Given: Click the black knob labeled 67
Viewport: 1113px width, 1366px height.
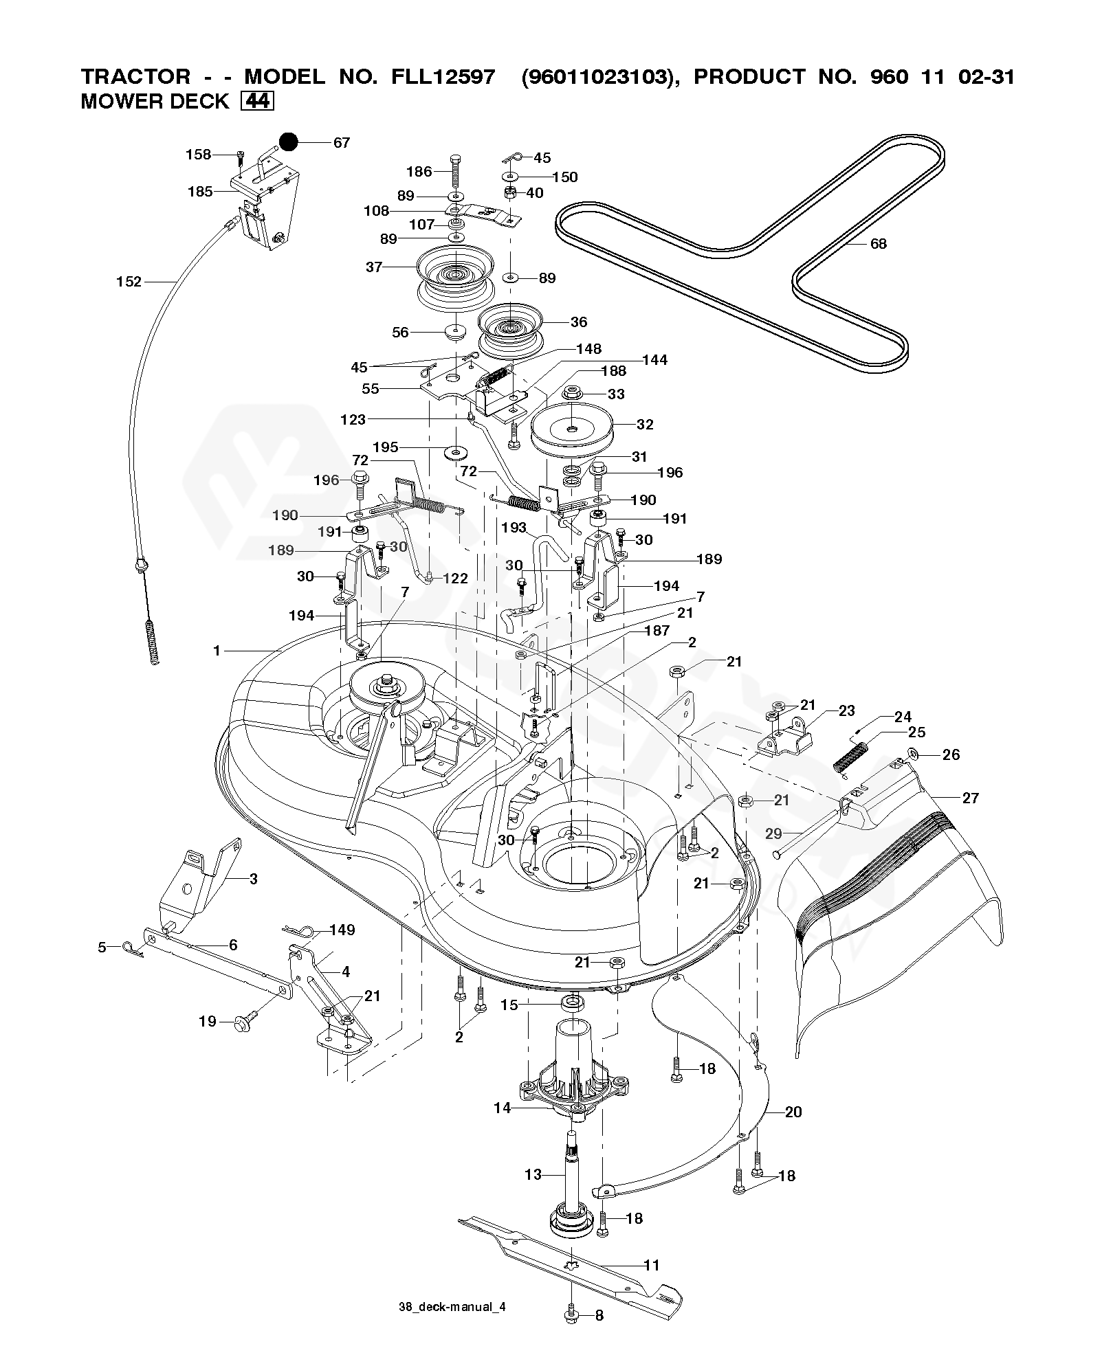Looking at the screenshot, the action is click(287, 142).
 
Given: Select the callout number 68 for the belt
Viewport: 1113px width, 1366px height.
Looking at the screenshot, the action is click(878, 243).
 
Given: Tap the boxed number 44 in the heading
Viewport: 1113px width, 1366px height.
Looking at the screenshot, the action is click(258, 101).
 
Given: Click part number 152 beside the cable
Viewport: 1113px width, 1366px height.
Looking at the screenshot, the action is click(129, 281).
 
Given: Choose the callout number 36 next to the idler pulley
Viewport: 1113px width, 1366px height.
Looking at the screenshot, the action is click(579, 322).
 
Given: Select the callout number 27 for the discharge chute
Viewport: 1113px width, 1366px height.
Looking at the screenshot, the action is click(970, 798).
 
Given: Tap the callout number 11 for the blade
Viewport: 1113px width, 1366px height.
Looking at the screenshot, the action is click(651, 1265).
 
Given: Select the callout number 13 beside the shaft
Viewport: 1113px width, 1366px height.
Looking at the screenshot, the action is click(533, 1175).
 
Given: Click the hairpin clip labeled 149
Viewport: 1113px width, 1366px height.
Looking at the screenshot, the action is click(302, 931).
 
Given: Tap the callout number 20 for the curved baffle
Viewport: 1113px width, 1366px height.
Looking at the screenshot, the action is click(793, 1112).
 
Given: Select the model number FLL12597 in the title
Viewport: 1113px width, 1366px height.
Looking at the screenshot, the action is click(439, 76).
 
